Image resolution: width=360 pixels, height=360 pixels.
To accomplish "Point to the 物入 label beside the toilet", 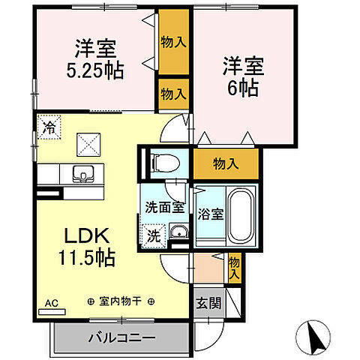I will (226, 163).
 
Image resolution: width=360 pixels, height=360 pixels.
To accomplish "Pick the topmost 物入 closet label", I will (173, 42).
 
